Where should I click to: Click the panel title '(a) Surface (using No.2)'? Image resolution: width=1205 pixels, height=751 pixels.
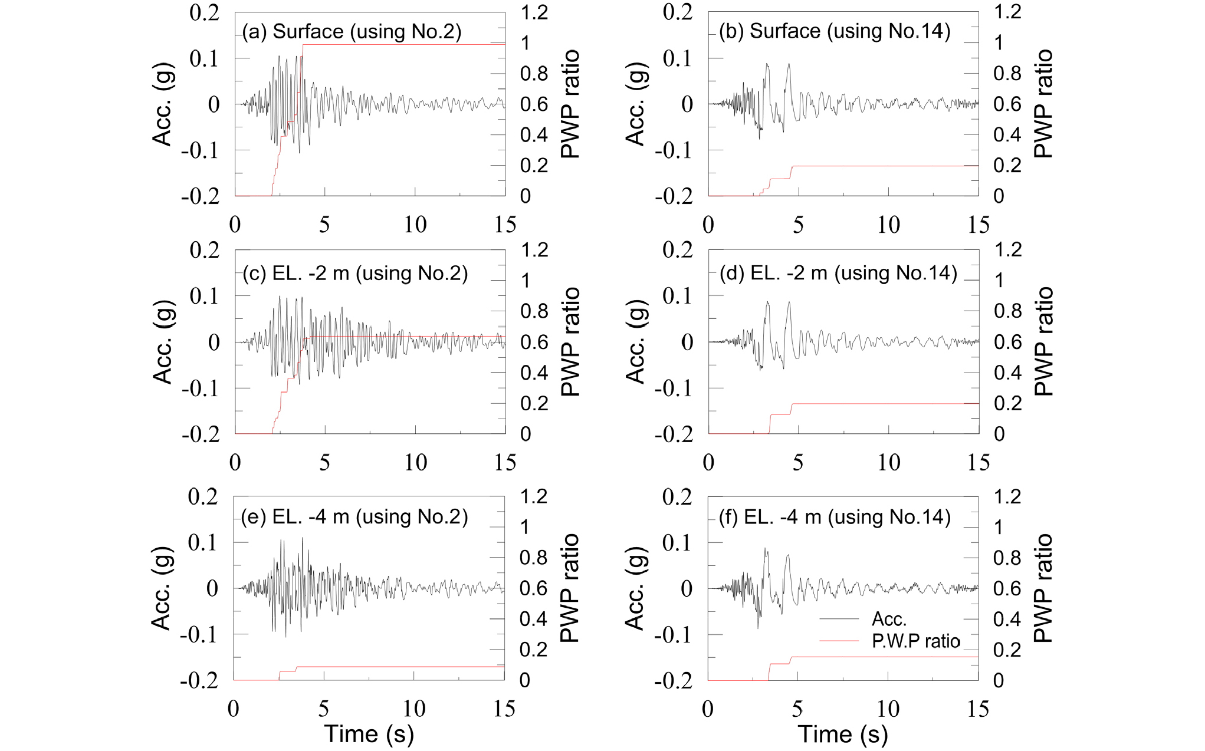coord(352,31)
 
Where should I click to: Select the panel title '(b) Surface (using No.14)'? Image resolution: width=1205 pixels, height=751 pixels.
coord(835,31)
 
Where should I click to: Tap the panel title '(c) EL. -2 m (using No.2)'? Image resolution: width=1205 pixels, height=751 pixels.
coord(355,274)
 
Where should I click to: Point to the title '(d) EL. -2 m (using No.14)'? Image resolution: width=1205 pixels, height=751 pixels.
coord(838,273)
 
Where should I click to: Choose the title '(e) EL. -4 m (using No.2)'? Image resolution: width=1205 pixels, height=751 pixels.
coord(354,517)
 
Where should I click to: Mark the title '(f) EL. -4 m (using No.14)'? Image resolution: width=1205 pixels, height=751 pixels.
coord(835,517)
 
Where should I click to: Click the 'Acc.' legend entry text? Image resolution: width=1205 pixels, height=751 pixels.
coord(889,619)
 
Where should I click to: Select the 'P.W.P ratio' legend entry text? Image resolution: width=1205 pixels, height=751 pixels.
coord(916,641)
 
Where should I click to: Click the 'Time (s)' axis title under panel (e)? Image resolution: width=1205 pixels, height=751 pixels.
coord(369,734)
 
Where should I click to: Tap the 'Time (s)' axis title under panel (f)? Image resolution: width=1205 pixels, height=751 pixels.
coord(843,734)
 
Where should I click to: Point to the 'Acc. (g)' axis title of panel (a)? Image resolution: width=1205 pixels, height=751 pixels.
coord(162,104)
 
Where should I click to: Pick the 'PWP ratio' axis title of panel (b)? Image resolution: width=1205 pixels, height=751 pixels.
coord(1043,104)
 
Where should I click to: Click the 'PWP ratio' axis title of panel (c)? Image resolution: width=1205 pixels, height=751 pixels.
coord(570,342)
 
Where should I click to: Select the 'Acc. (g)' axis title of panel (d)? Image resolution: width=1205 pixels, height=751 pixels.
coord(635,342)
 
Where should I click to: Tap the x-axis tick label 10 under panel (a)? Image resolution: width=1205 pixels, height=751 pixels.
coord(415,225)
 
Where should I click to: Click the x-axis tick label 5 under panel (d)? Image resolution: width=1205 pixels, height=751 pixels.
coord(798,463)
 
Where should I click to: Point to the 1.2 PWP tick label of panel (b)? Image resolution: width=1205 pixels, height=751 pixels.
coord(1008,12)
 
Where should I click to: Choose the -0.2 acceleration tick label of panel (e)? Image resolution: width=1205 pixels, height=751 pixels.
coord(199,681)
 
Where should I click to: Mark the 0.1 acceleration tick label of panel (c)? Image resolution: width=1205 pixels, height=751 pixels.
coord(205,296)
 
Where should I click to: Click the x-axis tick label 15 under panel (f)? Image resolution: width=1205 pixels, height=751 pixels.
coord(978,709)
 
